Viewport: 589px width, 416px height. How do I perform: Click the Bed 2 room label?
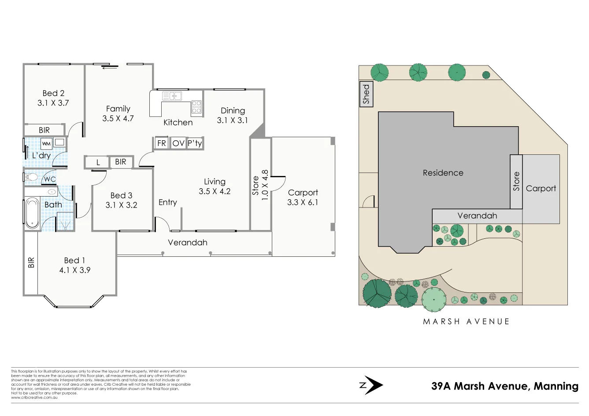coord(53,93)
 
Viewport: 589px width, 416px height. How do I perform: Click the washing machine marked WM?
coord(46,143)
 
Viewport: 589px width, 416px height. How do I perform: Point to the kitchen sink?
coord(172,96)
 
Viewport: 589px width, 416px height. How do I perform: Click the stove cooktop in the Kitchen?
coord(196,107)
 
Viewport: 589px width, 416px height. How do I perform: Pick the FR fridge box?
coord(162,143)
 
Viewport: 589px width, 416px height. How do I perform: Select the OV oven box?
coord(178,143)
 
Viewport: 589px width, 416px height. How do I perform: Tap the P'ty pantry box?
coord(195,143)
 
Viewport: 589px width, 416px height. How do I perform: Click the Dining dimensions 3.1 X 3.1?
coord(232,120)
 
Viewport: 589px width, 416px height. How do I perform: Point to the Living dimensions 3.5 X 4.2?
coord(215,192)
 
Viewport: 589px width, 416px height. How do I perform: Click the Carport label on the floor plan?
coord(303,193)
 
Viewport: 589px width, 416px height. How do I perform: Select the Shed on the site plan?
coord(366,94)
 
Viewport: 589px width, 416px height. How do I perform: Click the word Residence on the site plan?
coord(443,173)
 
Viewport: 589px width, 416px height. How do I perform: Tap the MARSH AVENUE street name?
coord(466,322)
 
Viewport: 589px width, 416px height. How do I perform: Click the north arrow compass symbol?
coord(372,386)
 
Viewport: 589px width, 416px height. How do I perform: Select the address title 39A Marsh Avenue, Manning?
coord(504,386)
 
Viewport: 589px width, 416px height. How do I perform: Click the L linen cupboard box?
coord(98,162)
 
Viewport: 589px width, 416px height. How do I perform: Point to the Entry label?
coord(167,202)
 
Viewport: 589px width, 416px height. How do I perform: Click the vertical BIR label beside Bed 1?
coord(31,263)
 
